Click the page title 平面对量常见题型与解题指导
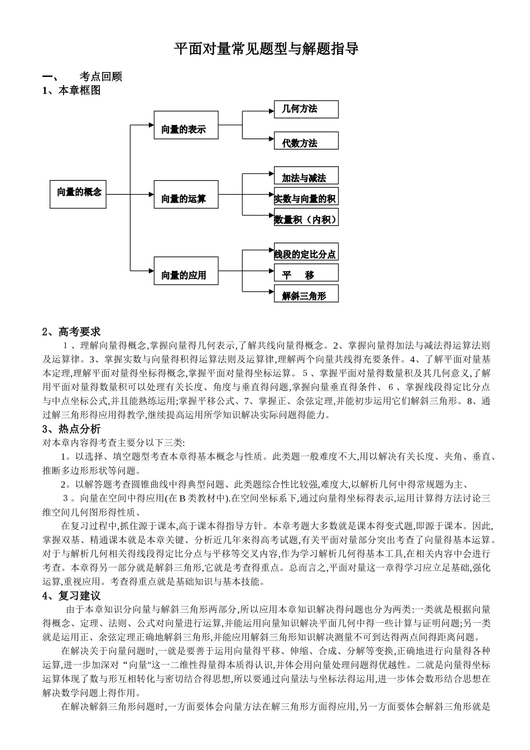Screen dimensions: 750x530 point(266,49)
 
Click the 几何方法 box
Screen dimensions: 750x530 point(306,109)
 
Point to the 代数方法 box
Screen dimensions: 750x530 point(306,141)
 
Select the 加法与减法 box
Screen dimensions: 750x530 point(306,176)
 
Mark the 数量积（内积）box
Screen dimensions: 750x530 point(306,217)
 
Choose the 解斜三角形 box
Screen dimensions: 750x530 point(306,294)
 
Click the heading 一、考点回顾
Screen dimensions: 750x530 point(83,77)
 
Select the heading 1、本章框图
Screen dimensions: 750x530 point(71,90)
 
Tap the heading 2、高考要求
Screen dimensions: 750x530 point(71,332)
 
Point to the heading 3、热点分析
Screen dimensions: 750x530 point(71,429)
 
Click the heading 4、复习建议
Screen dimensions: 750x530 point(71,596)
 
